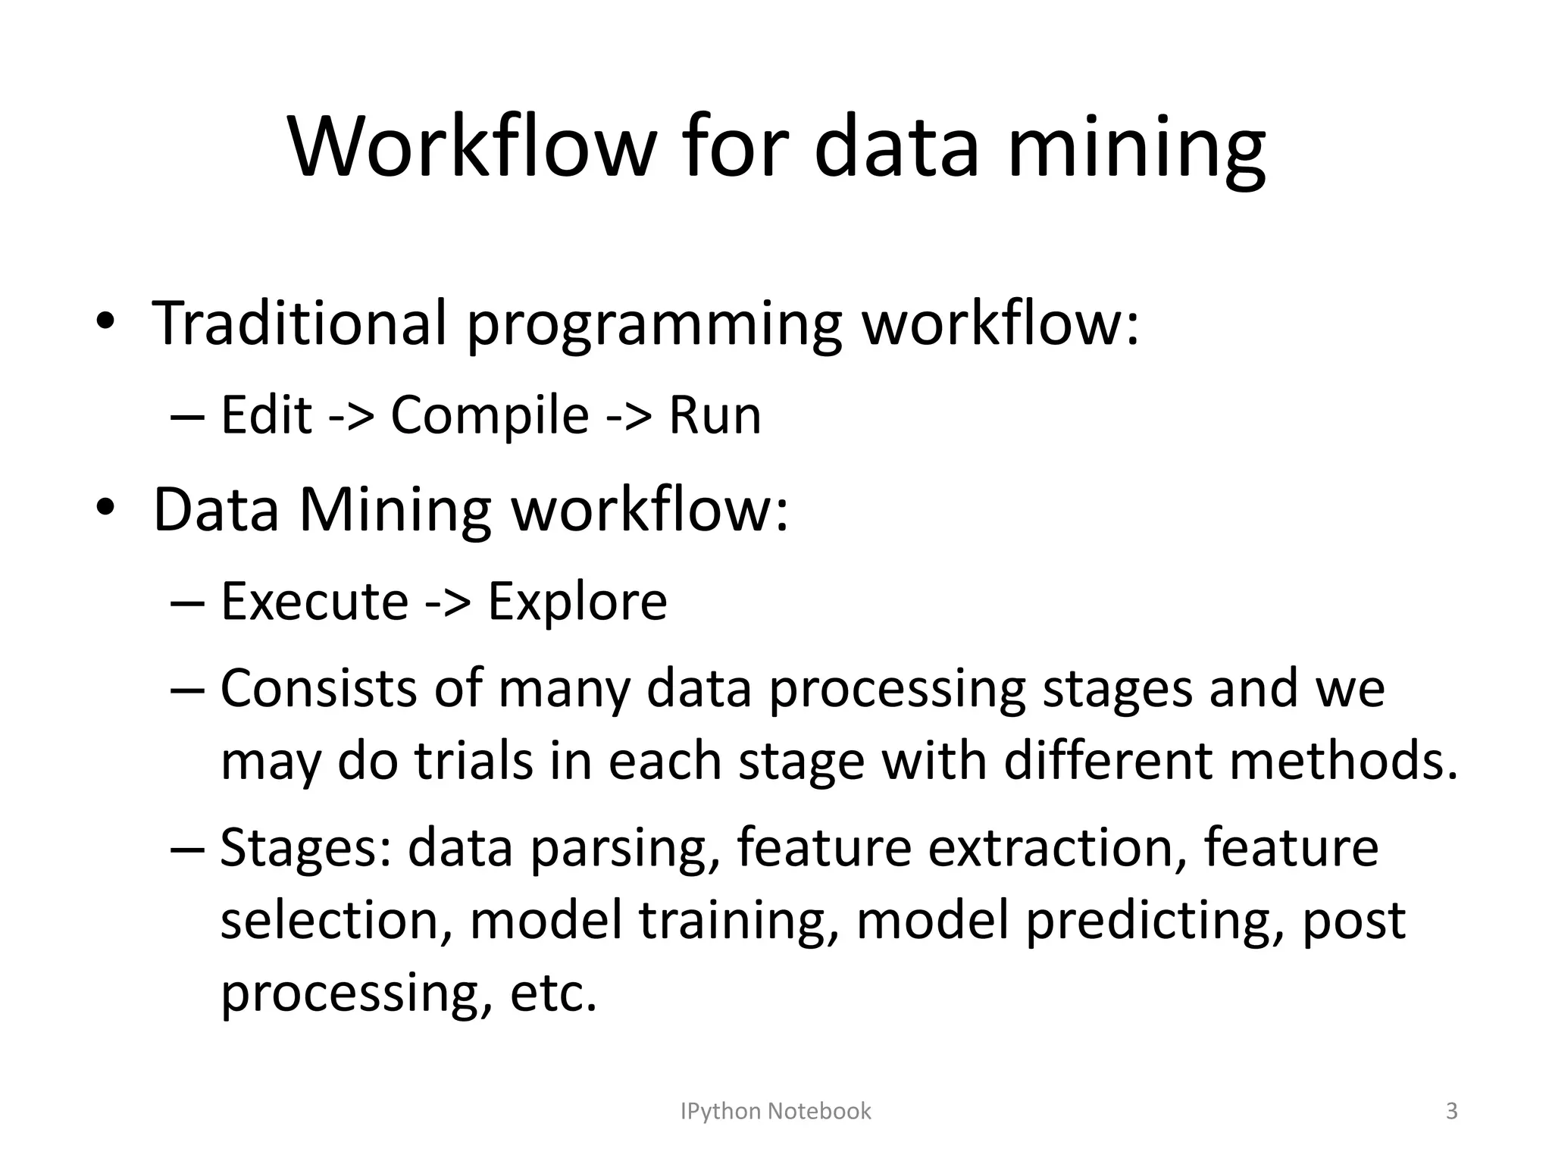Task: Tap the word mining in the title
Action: coord(1136,149)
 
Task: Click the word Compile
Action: coord(490,415)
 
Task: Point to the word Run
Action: coord(714,415)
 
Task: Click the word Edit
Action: coord(266,415)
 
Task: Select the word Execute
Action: coord(314,601)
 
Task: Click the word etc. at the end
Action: coord(553,993)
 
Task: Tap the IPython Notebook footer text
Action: coord(775,1111)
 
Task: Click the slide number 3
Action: coord(1451,1111)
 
